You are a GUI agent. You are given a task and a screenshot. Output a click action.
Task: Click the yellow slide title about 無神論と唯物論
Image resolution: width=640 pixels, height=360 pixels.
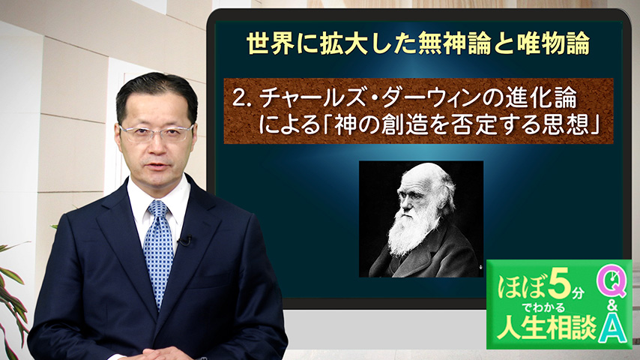418,43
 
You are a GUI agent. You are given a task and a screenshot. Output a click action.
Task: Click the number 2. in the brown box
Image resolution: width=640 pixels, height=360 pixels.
241,98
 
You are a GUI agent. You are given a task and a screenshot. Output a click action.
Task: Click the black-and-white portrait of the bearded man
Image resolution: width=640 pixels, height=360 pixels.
421,219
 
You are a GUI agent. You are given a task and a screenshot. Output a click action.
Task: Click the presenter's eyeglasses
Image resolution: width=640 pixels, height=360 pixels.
157,133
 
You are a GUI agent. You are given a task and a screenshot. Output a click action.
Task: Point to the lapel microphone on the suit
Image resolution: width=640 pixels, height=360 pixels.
186,240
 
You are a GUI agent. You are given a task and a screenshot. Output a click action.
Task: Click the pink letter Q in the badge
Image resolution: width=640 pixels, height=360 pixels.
612,283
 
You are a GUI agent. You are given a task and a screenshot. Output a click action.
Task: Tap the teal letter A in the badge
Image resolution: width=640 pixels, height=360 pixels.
613,330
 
